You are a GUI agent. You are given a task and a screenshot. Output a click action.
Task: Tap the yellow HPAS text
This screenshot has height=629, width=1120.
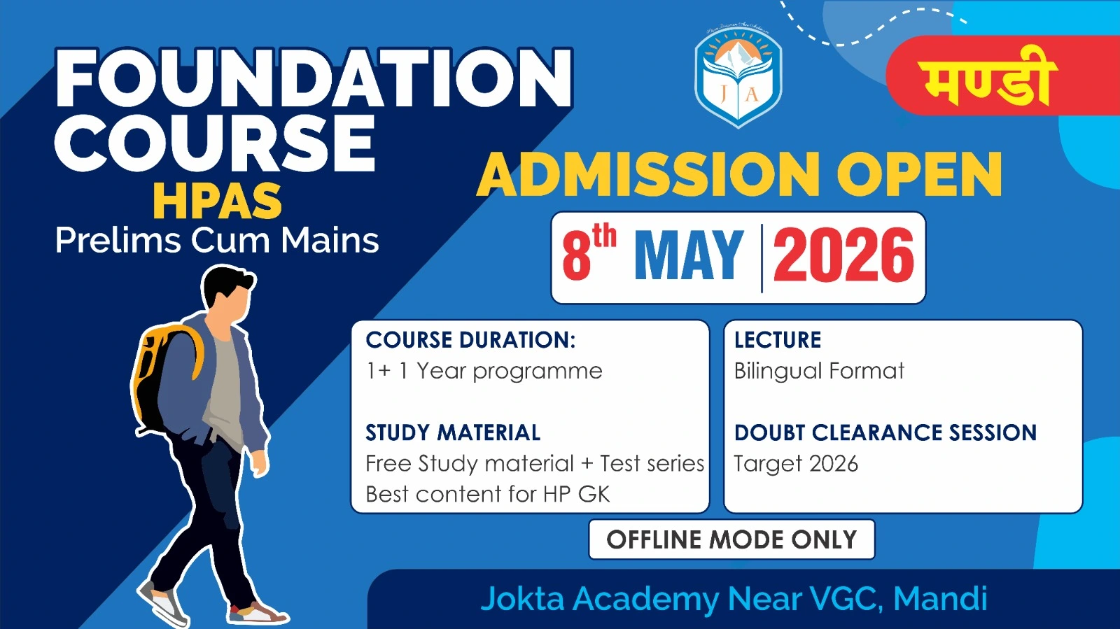click(218, 201)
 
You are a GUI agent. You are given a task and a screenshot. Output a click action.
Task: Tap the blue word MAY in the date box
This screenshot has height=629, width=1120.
click(689, 256)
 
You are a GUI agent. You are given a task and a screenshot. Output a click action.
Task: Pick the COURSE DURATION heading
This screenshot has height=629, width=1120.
click(470, 340)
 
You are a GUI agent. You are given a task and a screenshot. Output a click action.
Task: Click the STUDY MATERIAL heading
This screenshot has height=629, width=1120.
click(453, 432)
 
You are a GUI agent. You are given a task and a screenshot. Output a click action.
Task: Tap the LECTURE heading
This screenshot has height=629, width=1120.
click(778, 340)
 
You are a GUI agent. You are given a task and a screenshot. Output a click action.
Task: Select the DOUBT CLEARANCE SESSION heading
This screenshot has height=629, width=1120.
click(885, 432)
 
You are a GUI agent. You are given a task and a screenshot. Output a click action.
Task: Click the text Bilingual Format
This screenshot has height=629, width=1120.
click(819, 372)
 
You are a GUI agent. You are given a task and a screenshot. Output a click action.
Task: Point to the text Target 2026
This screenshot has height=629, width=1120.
click(795, 464)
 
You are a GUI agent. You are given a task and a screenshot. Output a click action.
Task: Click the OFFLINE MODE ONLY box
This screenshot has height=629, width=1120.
click(732, 539)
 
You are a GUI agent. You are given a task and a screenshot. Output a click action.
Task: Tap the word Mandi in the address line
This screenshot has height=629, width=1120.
click(940, 598)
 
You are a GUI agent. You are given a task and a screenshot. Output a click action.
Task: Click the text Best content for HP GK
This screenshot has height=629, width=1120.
click(487, 495)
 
